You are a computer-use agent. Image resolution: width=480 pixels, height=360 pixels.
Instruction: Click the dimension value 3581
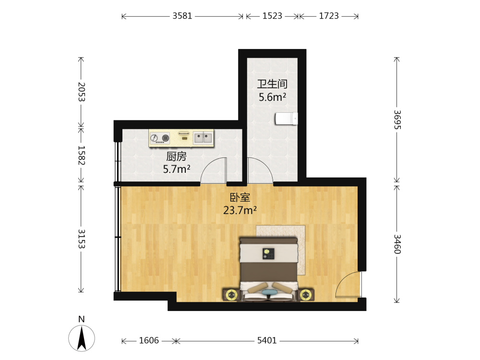(182, 16)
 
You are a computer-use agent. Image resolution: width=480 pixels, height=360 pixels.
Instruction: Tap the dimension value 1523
(272, 16)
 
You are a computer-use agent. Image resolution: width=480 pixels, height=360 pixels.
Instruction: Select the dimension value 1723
(329, 16)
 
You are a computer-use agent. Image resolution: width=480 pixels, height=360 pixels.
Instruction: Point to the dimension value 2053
(81, 92)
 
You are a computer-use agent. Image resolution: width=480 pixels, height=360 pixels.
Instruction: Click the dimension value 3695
(397, 120)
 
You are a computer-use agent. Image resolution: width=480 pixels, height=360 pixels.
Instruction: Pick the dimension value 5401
(266, 340)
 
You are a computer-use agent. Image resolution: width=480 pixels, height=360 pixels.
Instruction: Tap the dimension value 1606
(149, 340)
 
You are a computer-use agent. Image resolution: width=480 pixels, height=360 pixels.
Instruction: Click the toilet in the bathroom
(286, 119)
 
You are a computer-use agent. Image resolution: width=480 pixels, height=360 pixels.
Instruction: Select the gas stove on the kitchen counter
(160, 138)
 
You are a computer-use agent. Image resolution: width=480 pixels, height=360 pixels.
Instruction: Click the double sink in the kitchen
(203, 138)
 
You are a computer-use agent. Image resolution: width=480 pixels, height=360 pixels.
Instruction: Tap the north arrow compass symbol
(82, 338)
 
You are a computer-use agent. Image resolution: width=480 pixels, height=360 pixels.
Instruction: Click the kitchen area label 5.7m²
(177, 169)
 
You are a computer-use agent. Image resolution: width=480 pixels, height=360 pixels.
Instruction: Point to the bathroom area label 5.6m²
(272, 97)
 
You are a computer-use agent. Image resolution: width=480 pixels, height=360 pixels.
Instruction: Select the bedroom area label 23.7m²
(240, 210)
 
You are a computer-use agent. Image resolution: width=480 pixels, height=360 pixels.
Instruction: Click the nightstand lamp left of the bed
(232, 295)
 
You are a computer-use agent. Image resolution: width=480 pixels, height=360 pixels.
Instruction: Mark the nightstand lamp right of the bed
(305, 295)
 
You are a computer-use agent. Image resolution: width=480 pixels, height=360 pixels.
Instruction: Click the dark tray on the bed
(268, 254)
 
